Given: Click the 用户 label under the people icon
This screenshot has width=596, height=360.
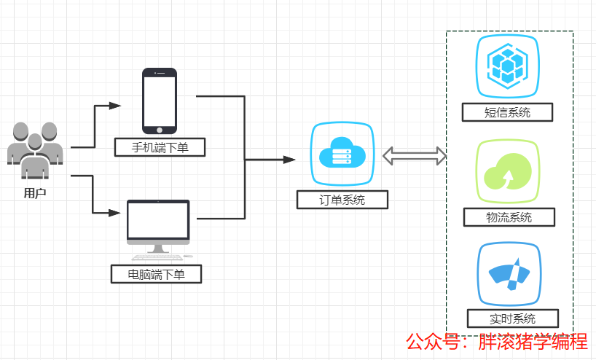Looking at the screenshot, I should pyautogui.click(x=35, y=193).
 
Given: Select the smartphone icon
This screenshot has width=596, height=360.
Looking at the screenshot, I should pyautogui.click(x=160, y=100).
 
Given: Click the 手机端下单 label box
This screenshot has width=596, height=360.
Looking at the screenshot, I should pyautogui.click(x=160, y=148).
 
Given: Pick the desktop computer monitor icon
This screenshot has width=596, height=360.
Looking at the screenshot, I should pyautogui.click(x=158, y=222).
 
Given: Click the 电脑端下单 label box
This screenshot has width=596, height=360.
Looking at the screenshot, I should pyautogui.click(x=156, y=275).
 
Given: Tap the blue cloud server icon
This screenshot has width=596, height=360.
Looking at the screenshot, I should pyautogui.click(x=342, y=154).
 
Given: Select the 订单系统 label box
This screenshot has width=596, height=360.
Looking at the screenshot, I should pyautogui.click(x=342, y=200).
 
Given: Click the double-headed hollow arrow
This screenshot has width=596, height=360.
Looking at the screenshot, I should pyautogui.click(x=415, y=154).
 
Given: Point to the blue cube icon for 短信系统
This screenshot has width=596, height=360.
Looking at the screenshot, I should pyautogui.click(x=509, y=66).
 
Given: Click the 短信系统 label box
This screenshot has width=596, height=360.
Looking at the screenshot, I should pyautogui.click(x=508, y=112).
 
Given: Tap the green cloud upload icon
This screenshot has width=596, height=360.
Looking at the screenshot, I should pyautogui.click(x=509, y=172).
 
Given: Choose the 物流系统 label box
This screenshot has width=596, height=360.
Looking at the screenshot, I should pyautogui.click(x=509, y=217).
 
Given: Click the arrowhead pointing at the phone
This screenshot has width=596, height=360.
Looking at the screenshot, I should pyautogui.click(x=115, y=106).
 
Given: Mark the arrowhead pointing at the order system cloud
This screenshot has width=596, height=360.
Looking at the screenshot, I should pyautogui.click(x=290, y=159).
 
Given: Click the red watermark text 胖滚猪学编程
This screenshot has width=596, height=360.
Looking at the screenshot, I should pyautogui.click(x=533, y=341).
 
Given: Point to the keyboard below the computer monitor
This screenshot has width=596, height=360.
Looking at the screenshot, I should pyautogui.click(x=157, y=257).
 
